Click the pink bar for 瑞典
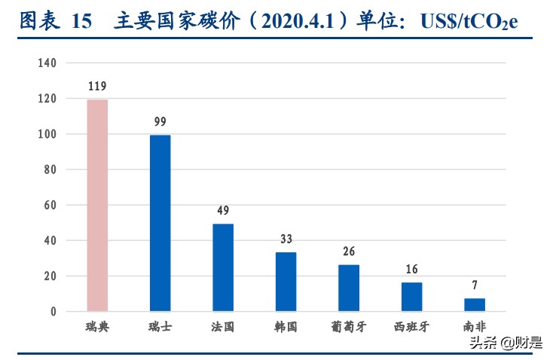tap(97, 205)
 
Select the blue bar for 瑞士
tap(160, 223)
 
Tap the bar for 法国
tap(223, 267)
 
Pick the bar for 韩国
tap(286, 282)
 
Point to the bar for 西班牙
tap(411, 297)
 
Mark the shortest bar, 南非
tap(475, 304)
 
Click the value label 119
tap(97, 87)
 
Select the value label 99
tap(160, 122)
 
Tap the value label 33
tap(286, 239)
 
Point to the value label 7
tap(475, 285)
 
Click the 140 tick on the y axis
tap(47, 63)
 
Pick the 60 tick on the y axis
tap(50, 205)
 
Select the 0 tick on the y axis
tap(53, 311)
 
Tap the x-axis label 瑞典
tap(97, 328)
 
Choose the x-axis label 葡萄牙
tap(349, 328)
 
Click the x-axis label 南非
tap(475, 328)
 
